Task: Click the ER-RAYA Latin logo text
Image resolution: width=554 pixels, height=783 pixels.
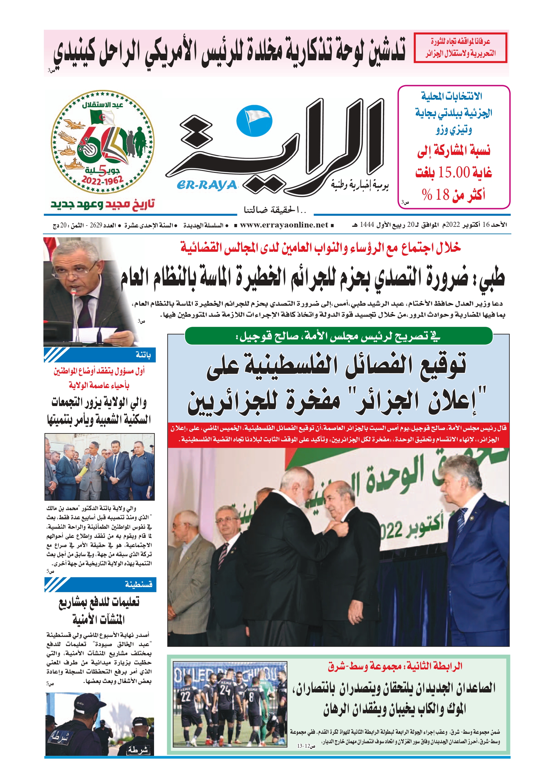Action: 207,185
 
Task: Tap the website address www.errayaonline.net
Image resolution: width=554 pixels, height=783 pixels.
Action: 284,225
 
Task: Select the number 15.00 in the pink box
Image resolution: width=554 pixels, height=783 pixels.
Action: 454,172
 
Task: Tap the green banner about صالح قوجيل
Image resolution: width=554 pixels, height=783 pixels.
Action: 338,336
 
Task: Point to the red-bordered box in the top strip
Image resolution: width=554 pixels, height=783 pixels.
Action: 460,48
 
